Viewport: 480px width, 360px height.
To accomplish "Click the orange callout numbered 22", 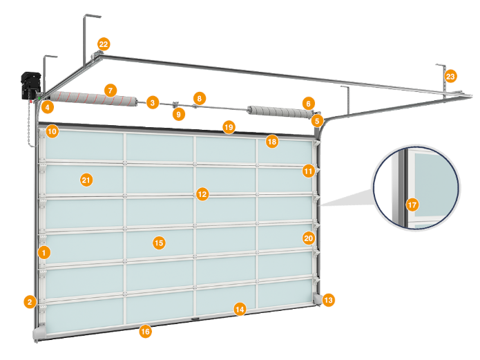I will [103, 44].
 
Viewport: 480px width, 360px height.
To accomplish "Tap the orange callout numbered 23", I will [450, 76].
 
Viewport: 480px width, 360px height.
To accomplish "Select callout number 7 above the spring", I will [109, 90].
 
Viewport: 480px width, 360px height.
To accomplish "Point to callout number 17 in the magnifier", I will [412, 205].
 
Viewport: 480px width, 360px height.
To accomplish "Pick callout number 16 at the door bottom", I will [145, 331].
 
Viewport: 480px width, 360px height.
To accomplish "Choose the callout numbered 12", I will [202, 195].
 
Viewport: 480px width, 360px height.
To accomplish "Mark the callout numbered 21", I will [86, 180].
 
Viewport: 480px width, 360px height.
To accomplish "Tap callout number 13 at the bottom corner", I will [328, 300].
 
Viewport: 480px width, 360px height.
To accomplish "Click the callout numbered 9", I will [179, 114].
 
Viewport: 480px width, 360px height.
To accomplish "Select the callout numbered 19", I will [229, 126].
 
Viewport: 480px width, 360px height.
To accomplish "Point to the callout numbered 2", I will [29, 301].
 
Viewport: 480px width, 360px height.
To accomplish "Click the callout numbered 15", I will [158, 243].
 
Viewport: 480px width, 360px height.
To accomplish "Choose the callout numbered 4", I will [47, 107].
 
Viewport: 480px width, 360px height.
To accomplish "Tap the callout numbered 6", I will [308, 103].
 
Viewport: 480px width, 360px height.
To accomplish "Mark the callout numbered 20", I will [308, 238].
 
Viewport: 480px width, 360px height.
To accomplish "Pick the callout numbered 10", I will [52, 131].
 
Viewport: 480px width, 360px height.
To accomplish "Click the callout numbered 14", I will [240, 309].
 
